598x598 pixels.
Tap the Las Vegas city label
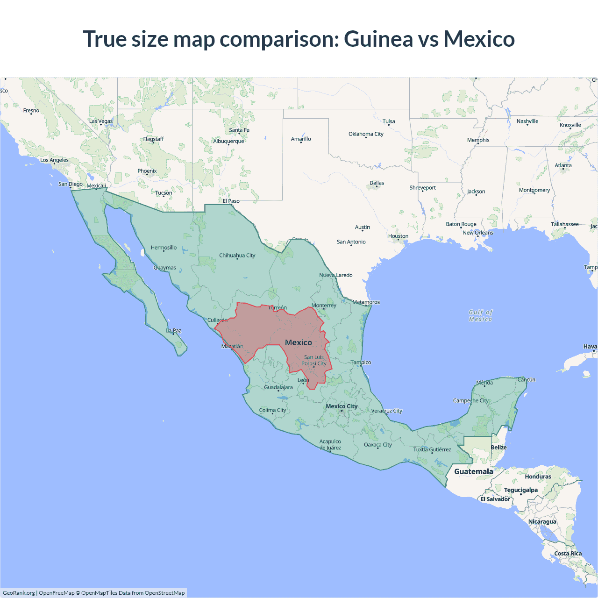(101, 121)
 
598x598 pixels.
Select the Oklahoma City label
(366, 134)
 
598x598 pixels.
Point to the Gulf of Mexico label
(481, 316)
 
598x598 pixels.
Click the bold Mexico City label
(342, 406)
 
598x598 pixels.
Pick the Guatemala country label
(473, 471)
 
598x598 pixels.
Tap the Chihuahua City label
(237, 256)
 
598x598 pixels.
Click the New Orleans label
(477, 233)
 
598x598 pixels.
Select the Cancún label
(526, 380)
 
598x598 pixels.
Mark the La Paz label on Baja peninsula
(174, 330)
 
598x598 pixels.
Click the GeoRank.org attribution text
(19, 593)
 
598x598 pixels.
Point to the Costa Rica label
(568, 554)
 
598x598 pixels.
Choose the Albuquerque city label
(228, 141)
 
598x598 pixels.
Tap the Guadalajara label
(278, 387)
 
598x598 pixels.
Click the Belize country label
(498, 448)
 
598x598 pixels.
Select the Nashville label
(527, 121)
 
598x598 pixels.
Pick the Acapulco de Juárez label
(330, 445)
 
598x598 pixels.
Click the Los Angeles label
(54, 160)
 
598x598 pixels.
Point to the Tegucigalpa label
(520, 490)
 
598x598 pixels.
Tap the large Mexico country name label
(299, 342)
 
